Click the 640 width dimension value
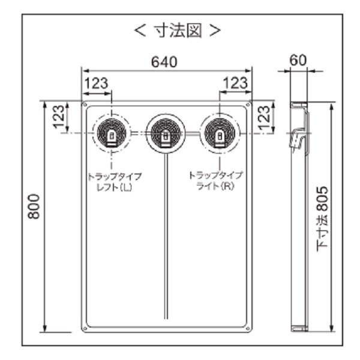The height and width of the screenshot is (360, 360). click(x=163, y=62)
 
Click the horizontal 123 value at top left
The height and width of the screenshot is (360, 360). click(x=96, y=83)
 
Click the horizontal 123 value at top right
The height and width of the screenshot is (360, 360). click(x=235, y=83)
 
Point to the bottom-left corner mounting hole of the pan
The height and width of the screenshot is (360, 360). click(x=85, y=328)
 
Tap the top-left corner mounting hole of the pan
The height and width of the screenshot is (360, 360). click(x=85, y=106)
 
